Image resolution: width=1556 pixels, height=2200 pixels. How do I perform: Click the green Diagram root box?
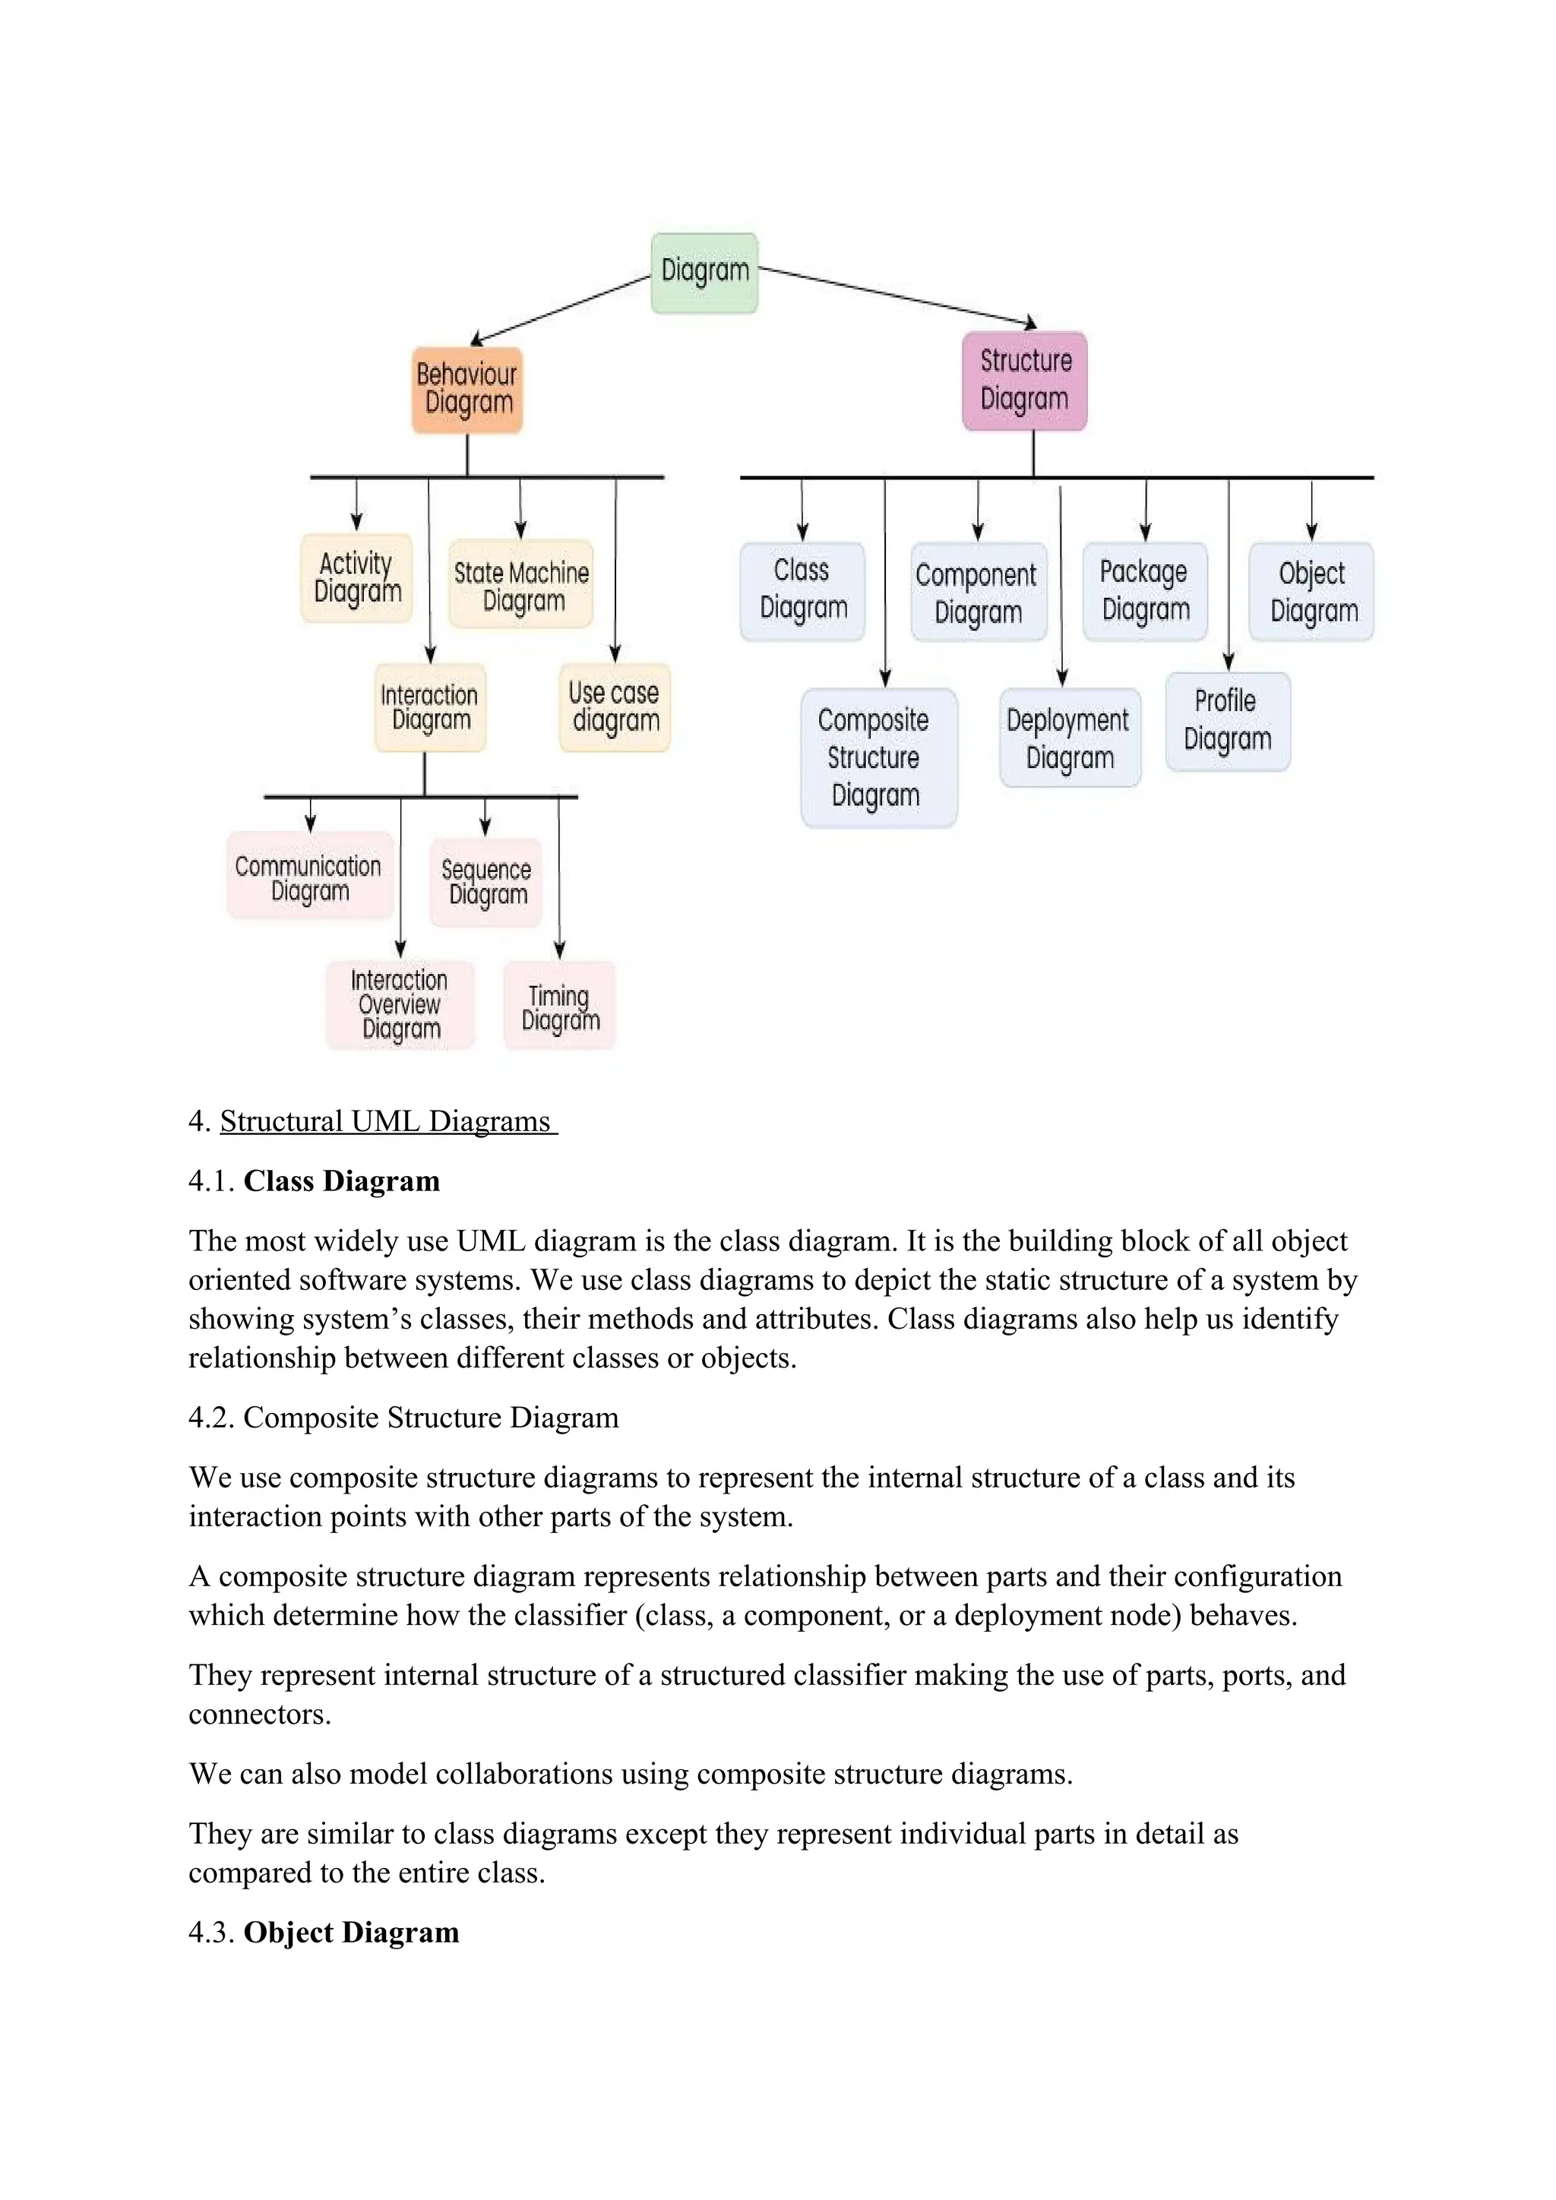pyautogui.click(x=704, y=272)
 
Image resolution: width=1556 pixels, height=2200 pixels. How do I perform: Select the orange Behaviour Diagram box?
pyautogui.click(x=467, y=389)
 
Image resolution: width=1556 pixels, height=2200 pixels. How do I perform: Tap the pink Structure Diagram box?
pyautogui.click(x=1024, y=381)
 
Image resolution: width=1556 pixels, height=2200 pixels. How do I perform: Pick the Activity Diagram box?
pyautogui.click(x=356, y=578)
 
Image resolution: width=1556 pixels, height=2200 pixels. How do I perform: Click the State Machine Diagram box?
pyautogui.click(x=521, y=584)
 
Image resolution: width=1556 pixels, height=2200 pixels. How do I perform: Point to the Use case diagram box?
pyautogui.click(x=614, y=707)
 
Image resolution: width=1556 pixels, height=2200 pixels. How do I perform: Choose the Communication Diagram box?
pyautogui.click(x=309, y=876)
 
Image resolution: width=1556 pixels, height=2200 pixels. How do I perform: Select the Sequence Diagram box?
pyautogui.click(x=485, y=881)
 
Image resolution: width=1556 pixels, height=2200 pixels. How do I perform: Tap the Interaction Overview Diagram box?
pyautogui.click(x=400, y=1004)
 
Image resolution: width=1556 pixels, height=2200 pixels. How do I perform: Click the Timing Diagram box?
pyautogui.click(x=559, y=1006)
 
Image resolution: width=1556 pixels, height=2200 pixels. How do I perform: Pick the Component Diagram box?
pyautogui.click(x=977, y=591)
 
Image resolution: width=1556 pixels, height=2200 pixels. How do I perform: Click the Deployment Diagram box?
pyautogui.click(x=1069, y=737)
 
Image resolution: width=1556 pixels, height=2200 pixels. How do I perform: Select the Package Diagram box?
pyautogui.click(x=1145, y=590)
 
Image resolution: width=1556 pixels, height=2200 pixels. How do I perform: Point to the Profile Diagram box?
pyautogui.click(x=1227, y=721)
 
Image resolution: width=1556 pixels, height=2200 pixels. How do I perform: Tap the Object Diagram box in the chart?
pyautogui.click(x=1311, y=590)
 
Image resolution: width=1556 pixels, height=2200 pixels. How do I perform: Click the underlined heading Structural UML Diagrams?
pyautogui.click(x=386, y=1121)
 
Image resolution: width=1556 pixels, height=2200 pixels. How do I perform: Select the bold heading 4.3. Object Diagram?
pyautogui.click(x=324, y=1932)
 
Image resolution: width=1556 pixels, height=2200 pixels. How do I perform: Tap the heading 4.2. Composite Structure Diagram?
pyautogui.click(x=403, y=1417)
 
